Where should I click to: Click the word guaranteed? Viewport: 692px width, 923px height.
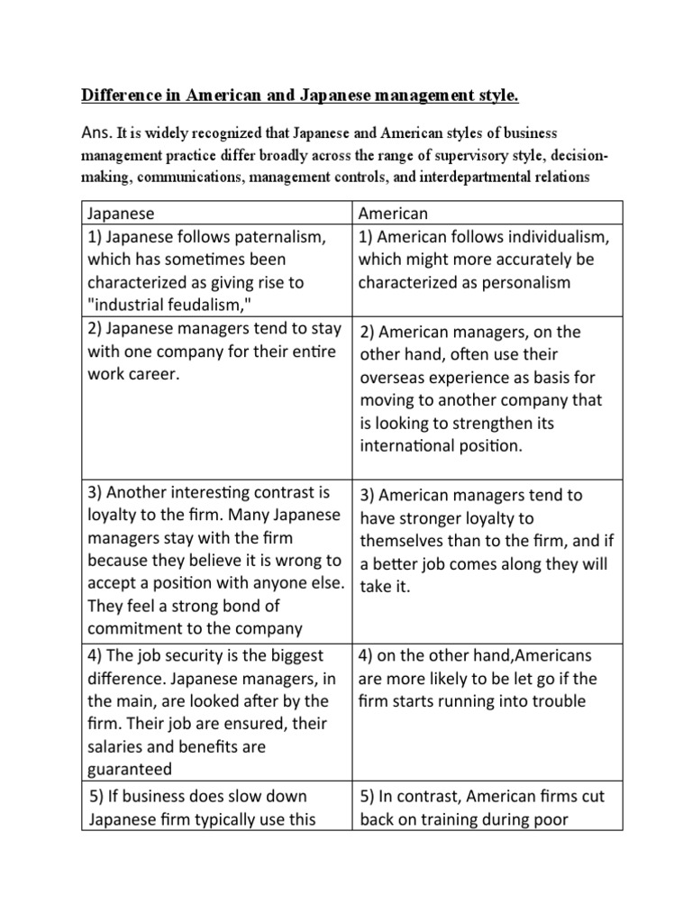click(x=129, y=769)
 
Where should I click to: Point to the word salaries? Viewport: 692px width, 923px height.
click(x=115, y=746)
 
